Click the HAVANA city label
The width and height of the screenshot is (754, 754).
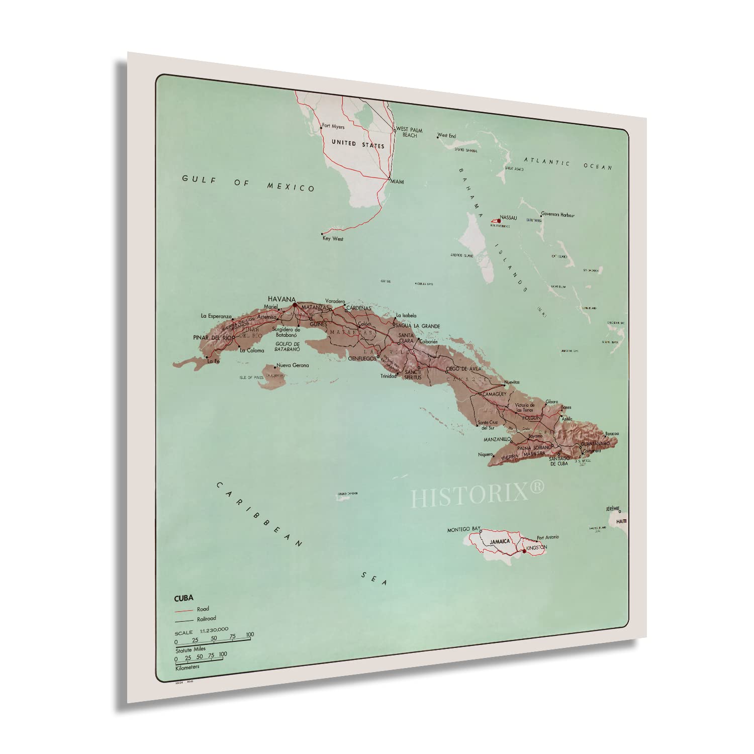coord(281,299)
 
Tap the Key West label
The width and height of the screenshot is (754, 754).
coord(333,239)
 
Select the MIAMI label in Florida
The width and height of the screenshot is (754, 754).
coord(397,181)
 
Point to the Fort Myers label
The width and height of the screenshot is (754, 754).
coord(333,127)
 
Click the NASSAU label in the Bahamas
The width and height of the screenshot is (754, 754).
coord(508,218)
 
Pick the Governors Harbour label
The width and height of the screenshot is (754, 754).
coord(557,215)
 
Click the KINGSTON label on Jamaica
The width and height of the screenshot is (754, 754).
coord(536,547)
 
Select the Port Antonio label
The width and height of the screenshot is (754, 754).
coord(547,537)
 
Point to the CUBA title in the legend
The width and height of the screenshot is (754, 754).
coord(183,598)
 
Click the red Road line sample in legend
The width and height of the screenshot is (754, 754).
coord(184,610)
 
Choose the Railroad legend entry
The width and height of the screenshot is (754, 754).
coord(206,619)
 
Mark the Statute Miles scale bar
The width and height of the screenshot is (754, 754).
coord(213,640)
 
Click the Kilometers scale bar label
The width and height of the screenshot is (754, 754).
coord(187,667)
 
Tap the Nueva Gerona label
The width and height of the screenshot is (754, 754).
coord(293,365)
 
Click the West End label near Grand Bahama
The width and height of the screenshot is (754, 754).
coord(446,136)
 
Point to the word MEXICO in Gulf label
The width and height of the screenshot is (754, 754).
coord(291,186)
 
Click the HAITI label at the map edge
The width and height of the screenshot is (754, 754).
coord(621,521)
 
